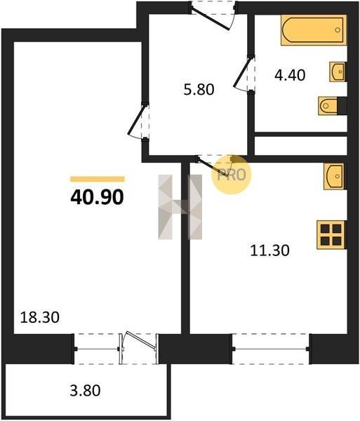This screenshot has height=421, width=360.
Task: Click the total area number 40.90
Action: point(97,197)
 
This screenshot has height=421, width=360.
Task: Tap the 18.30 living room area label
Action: point(40,317)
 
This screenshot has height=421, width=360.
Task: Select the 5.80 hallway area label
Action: point(199,89)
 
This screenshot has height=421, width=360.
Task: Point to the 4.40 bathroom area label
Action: point(290,75)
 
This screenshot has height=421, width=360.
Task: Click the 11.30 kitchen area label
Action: point(269,250)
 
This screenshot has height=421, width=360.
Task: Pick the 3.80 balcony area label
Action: point(85,390)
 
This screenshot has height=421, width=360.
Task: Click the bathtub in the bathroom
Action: point(314,29)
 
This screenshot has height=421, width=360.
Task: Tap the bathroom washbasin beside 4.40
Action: point(337,72)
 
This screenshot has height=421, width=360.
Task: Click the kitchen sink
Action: point(334,176)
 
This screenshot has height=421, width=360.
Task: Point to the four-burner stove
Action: point(331,234)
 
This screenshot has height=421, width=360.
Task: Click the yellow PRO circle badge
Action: point(231,175)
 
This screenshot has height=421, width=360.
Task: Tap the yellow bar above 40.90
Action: point(97,179)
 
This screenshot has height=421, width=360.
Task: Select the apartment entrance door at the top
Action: point(213,15)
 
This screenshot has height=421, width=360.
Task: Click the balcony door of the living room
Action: point(138,348)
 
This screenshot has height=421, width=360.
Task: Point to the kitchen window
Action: point(271,349)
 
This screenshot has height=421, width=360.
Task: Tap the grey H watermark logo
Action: point(180,207)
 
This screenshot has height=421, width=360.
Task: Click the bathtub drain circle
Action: point(338,29)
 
